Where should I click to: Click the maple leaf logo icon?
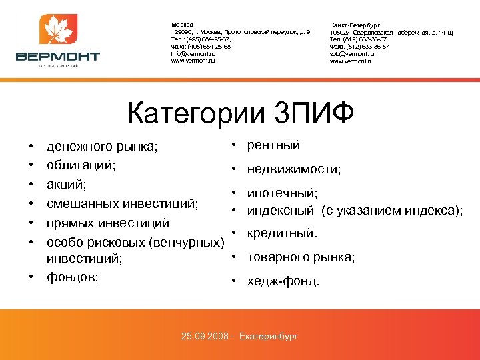[57, 31]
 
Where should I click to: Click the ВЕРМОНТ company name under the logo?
[57, 57]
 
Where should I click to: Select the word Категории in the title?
[197, 111]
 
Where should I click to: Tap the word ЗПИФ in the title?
[313, 111]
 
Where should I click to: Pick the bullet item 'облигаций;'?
[81, 164]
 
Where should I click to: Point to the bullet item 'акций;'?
[67, 183]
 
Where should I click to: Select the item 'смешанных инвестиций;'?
[121, 202]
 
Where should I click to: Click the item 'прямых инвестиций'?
[107, 221]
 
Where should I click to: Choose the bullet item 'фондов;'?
[72, 277]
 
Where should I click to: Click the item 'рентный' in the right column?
[273, 145]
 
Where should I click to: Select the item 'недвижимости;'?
[293, 169]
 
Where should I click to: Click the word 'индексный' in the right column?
[281, 211]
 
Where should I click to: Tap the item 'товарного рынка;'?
[301, 257]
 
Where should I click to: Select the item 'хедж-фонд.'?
[283, 281]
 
